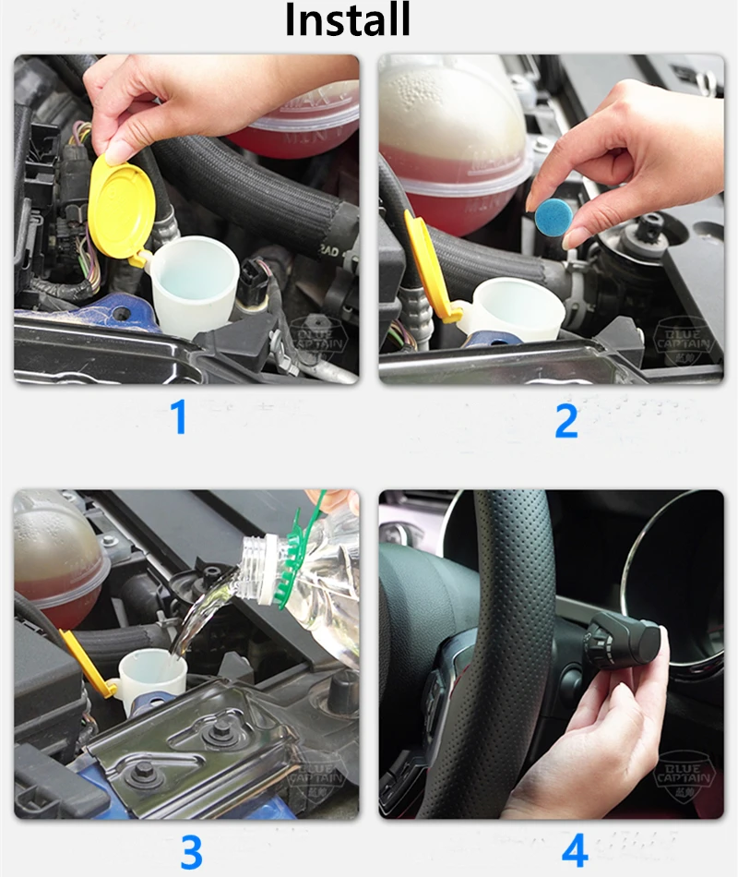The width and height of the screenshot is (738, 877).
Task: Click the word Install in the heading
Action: [x=347, y=20]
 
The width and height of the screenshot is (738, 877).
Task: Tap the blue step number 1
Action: [x=179, y=417]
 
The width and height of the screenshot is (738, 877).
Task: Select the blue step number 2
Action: [x=565, y=420]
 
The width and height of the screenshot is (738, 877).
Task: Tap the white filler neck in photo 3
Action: [x=152, y=678]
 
